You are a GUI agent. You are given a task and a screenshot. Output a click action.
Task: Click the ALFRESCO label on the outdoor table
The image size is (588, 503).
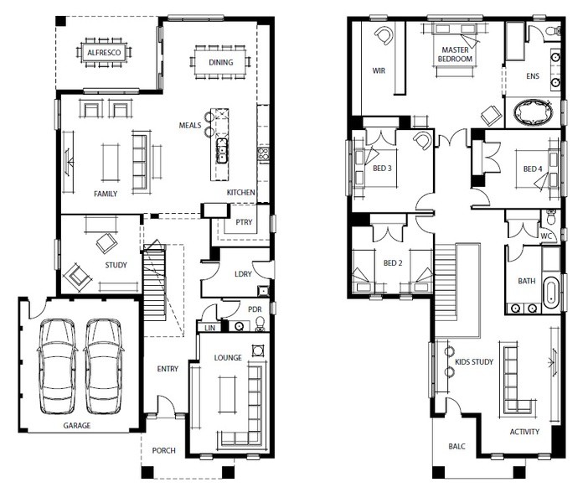point(104,53)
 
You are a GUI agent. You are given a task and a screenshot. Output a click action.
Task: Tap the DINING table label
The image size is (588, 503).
point(221,62)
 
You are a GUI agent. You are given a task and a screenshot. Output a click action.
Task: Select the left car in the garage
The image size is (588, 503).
point(57,366)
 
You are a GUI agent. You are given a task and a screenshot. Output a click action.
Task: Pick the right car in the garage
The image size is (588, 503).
point(103,366)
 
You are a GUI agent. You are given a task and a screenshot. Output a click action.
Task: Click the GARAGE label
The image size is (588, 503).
point(77,425)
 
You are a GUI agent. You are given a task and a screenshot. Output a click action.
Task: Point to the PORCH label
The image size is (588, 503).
point(164,450)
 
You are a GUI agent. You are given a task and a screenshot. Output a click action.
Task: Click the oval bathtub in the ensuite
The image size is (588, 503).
point(534,111)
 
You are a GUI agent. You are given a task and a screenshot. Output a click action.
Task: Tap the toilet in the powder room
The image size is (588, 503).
point(260,324)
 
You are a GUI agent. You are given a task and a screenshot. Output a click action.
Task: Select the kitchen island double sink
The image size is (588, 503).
point(222,150)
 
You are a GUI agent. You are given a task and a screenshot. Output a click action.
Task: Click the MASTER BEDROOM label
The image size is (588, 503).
point(455,54)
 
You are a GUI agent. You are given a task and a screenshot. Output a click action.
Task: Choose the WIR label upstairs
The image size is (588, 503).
point(379,70)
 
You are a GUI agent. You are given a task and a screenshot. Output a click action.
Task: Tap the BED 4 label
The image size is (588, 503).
point(533,169)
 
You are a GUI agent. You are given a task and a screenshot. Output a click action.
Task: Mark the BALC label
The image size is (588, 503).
point(456,446)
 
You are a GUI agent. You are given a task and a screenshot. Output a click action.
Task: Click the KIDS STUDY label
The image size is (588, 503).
point(474,362)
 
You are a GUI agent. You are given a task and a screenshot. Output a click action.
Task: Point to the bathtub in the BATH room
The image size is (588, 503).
point(550,293)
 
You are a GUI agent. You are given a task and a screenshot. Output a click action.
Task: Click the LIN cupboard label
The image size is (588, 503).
point(209,328)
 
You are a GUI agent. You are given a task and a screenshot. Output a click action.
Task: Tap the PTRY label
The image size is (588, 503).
point(244,222)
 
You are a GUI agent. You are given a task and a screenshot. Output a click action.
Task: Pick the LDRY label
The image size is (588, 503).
point(243,274)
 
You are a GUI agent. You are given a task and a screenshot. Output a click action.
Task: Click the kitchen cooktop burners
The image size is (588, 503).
point(263,155)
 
